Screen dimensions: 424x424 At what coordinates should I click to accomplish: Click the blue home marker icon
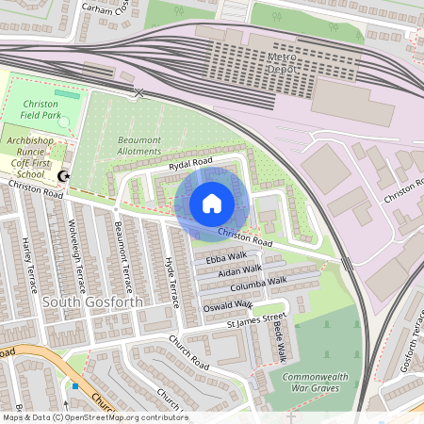click(x=212, y=203)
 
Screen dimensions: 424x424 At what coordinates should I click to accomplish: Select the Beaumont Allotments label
click(x=139, y=146)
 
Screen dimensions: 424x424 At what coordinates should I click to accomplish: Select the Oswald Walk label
click(x=227, y=306)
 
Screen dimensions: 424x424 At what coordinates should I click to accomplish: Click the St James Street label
click(x=255, y=321)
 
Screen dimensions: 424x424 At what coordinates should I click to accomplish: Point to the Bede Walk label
click(x=280, y=344)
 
